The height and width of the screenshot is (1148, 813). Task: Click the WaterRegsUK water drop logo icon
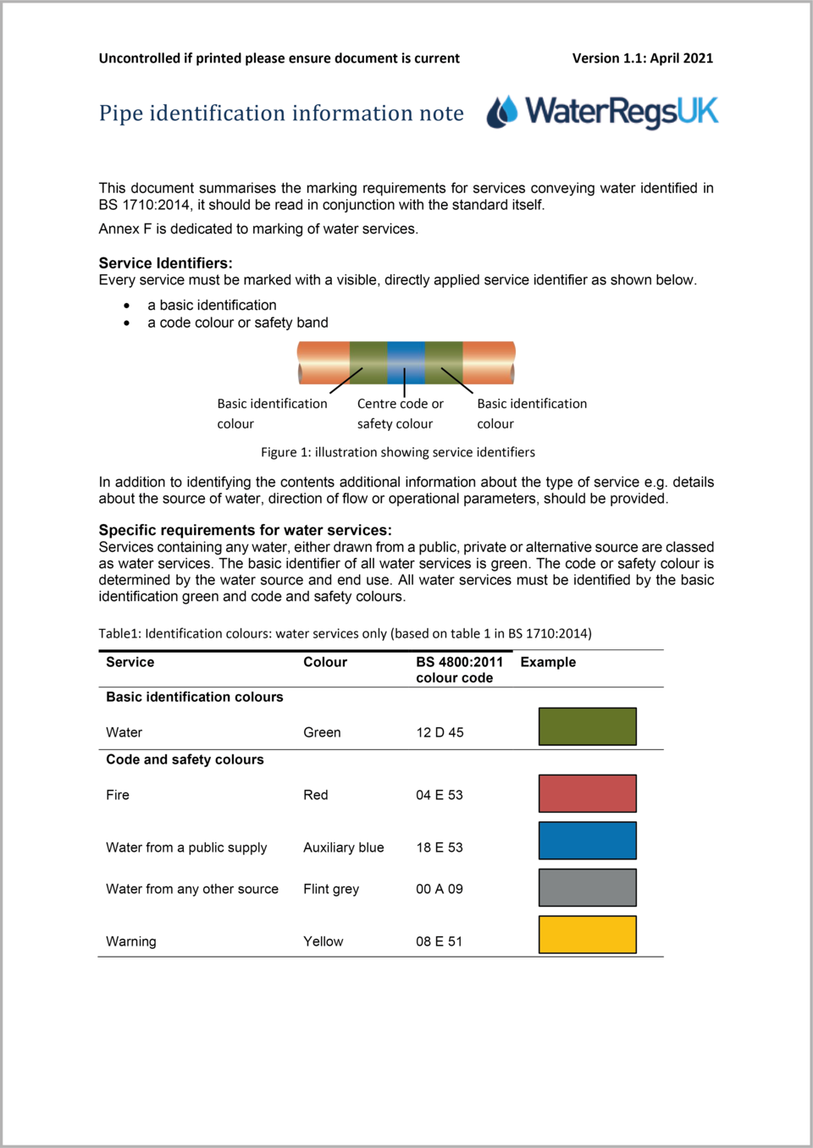[502, 112]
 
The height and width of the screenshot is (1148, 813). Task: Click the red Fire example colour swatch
[587, 793]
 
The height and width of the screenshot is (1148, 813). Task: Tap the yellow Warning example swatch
[587, 935]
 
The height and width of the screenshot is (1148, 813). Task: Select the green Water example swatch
[587, 726]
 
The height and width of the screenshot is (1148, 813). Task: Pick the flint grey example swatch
[587, 888]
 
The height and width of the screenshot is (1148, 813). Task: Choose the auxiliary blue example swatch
[587, 841]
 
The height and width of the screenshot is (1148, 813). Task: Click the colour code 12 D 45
[440, 732]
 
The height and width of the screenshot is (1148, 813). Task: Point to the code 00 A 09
[439, 889]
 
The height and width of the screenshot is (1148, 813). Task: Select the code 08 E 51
[439, 941]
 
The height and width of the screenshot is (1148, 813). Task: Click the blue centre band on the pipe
[406, 362]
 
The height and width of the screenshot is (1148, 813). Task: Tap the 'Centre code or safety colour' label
[399, 414]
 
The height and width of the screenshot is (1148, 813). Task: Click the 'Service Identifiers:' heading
[165, 263]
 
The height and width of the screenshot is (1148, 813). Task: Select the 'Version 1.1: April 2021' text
[642, 58]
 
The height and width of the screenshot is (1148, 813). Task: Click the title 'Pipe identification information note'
[281, 113]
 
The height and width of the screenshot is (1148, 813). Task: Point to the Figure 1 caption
[397, 452]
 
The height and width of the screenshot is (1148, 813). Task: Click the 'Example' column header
[547, 662]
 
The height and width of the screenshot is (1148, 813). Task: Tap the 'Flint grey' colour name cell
[331, 889]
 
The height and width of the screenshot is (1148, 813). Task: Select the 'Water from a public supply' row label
[186, 847]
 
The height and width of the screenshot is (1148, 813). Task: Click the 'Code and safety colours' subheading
[185, 759]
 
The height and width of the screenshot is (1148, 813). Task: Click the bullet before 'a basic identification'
[127, 306]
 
